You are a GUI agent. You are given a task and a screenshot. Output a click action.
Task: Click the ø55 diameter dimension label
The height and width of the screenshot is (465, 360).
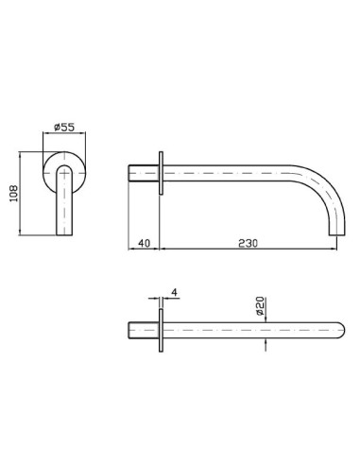point(64,128)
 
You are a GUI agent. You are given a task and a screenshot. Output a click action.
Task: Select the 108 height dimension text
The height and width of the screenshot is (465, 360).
point(14,194)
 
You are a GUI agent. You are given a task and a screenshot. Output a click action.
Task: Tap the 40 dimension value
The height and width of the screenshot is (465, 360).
point(145,243)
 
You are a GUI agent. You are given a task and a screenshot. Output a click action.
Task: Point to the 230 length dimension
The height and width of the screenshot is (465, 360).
point(248,243)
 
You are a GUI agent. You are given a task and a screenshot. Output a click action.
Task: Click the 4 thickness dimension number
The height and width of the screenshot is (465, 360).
point(174,292)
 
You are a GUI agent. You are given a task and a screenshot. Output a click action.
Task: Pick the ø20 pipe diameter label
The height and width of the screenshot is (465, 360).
point(260,306)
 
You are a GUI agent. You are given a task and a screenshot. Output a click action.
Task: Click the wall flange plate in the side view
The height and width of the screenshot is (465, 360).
point(161,173)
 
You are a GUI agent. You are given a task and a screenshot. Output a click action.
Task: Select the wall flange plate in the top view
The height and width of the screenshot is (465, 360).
point(161,330)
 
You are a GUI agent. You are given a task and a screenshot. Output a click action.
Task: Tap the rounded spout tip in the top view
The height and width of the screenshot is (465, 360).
point(342,330)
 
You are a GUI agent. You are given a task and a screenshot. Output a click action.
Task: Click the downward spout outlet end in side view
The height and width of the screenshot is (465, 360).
point(337,233)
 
